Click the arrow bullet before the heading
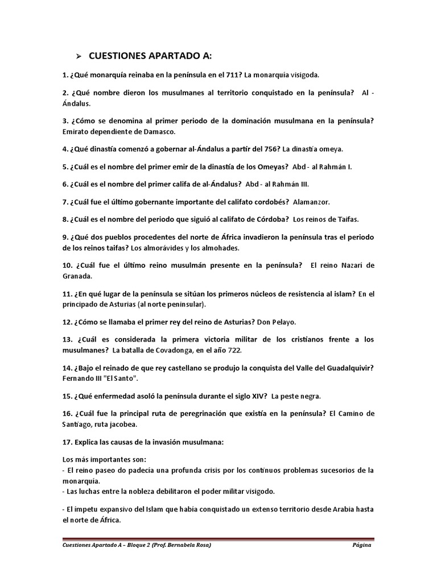(79, 56)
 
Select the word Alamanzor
(311, 201)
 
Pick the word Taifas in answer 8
(347, 219)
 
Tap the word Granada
(76, 276)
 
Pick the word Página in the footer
(362, 545)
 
